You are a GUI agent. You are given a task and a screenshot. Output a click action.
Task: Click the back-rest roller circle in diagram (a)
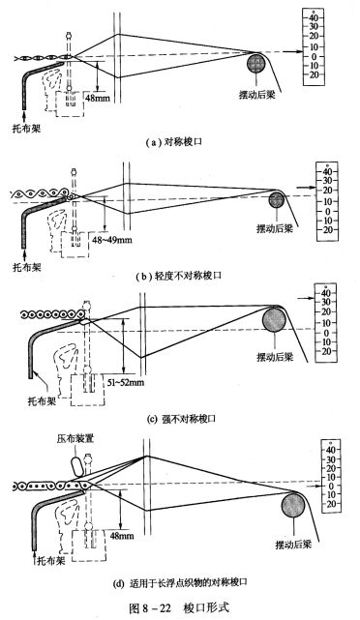coord(256,64)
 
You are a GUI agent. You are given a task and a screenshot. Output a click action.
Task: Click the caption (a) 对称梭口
coord(179,142)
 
